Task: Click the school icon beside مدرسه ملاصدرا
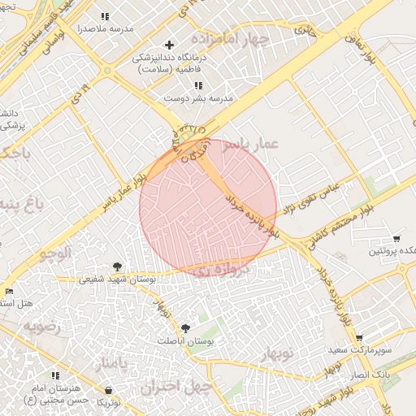tap(105, 15)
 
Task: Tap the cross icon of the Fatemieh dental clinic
tap(169, 45)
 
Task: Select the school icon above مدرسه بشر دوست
tap(199, 84)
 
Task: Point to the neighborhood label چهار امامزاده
tap(229, 38)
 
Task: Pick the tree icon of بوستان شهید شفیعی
tap(118, 266)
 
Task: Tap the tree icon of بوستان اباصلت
tap(187, 328)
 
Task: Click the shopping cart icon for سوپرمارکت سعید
tap(359, 337)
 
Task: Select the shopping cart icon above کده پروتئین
tap(396, 239)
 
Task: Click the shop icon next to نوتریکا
tap(108, 391)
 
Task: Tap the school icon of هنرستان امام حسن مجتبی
tap(56, 375)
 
